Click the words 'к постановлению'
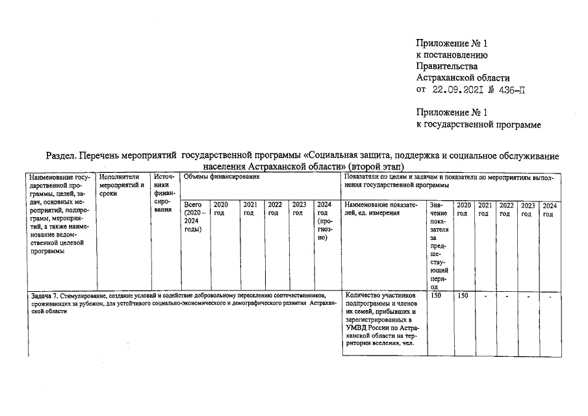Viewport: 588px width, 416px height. pos(452,55)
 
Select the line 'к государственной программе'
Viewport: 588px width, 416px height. pos(479,124)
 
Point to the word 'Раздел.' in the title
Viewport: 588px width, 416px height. pos(64,156)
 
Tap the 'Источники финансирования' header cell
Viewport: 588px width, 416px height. pos(162,188)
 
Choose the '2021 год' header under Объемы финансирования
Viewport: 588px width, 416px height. pos(251,209)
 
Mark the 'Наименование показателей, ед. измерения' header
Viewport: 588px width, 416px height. pos(383,209)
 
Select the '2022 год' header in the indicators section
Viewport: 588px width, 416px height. pos(506,209)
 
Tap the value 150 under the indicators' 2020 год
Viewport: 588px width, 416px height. pos(463,296)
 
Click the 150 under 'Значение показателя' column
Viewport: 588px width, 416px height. pos(437,296)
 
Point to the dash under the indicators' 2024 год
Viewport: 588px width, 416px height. pos(550,297)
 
